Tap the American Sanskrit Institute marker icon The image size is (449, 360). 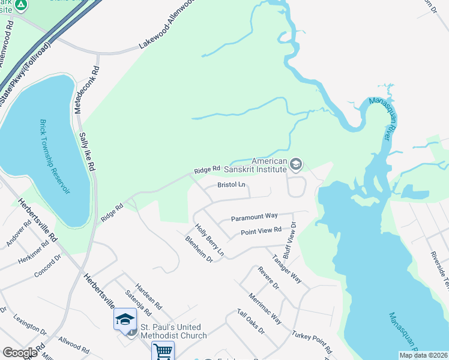coord(295,164)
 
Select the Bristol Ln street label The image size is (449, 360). coord(232,185)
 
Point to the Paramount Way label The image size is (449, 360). coord(255,216)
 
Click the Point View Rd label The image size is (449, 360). coord(261,231)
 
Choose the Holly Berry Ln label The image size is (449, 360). coord(209,238)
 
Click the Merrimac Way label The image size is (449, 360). coord(266,308)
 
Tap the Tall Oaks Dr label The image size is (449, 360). coord(250,322)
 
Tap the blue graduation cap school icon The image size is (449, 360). coord(125,319)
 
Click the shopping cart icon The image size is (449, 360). coord(163,351)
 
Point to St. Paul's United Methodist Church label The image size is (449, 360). coord(173,331)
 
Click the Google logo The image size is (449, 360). coord(20,353)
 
